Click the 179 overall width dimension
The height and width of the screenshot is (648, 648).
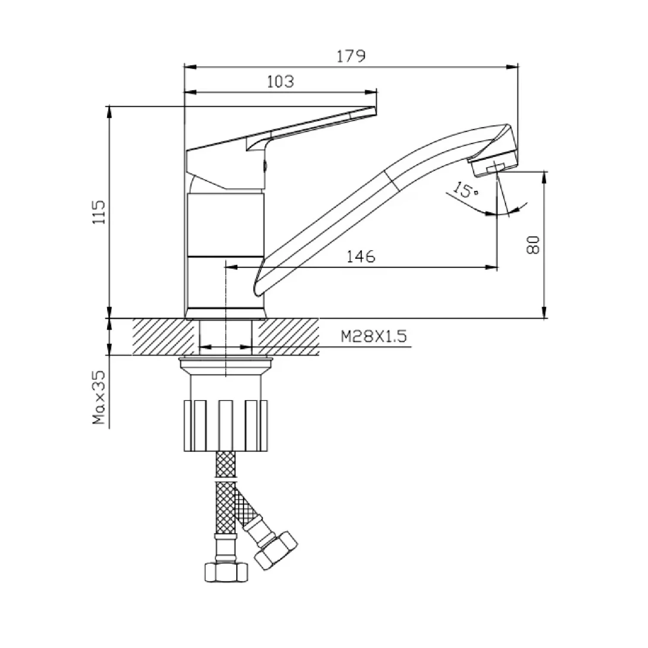[352, 56]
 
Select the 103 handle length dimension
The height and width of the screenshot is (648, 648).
[280, 81]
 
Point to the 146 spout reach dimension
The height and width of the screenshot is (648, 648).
[361, 257]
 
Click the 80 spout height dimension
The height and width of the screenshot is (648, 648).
[534, 245]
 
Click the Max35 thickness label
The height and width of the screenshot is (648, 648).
[100, 397]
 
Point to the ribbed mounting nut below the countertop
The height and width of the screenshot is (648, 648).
[226, 426]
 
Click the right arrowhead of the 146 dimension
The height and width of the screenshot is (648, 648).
[491, 267]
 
